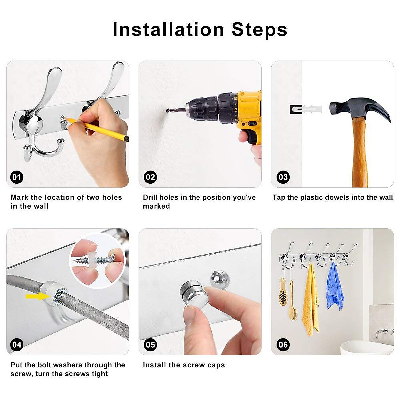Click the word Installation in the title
(168, 29)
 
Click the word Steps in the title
(259, 30)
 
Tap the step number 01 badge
(17, 177)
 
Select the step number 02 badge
(150, 177)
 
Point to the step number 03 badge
(283, 177)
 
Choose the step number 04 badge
(17, 345)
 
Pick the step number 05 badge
(150, 345)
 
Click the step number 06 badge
(283, 345)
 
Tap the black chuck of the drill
(202, 109)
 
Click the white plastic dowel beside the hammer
(311, 109)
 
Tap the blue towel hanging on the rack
(335, 287)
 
